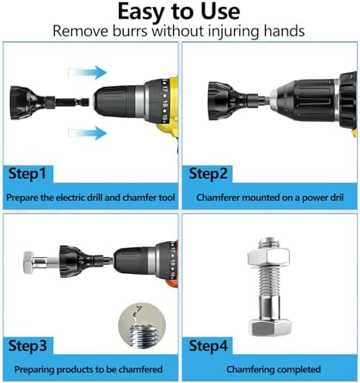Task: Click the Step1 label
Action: tap(27, 174)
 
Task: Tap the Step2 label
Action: tap(208, 174)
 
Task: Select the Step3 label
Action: tap(28, 345)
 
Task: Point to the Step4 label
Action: tap(209, 345)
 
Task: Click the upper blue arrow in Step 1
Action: tap(87, 73)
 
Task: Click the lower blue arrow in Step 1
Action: tap(87, 133)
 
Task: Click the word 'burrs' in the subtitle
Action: tap(131, 31)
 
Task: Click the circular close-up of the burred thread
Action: tap(142, 325)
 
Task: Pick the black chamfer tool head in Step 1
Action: tap(22, 103)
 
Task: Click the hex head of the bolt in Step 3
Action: tap(28, 263)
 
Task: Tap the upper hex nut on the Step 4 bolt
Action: tap(268, 257)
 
